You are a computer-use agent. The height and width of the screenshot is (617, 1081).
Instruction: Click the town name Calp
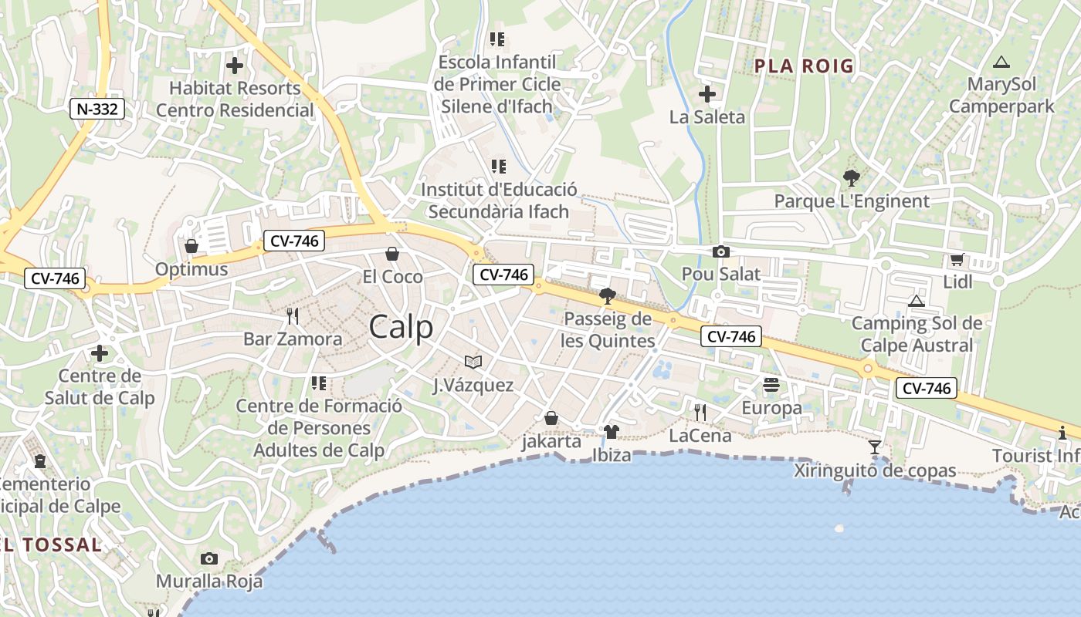(x=401, y=327)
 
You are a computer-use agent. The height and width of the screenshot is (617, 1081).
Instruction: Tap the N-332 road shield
(x=98, y=109)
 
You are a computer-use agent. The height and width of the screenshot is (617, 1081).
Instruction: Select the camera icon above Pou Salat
(x=721, y=251)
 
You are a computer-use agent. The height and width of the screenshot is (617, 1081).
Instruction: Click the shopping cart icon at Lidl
(x=957, y=260)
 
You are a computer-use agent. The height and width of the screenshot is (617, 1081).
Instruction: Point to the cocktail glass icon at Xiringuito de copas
(x=875, y=447)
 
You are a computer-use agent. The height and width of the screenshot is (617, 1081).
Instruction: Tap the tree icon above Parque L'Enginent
(x=851, y=179)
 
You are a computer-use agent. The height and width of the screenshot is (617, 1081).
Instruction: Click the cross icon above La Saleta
(x=707, y=95)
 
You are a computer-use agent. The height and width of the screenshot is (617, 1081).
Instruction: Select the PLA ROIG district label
(x=804, y=66)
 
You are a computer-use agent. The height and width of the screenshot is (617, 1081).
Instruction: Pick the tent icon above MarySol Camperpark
(x=1001, y=62)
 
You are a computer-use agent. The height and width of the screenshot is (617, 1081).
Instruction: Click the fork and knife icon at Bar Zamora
(x=293, y=316)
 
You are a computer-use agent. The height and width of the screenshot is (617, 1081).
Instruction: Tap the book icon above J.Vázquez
(x=473, y=362)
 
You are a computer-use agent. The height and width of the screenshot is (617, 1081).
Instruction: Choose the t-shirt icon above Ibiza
(x=612, y=432)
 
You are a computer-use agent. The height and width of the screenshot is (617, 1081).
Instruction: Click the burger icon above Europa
(x=771, y=385)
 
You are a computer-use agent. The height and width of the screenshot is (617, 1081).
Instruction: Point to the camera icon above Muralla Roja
(x=208, y=558)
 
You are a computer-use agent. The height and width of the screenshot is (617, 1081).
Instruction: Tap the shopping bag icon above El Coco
(x=392, y=254)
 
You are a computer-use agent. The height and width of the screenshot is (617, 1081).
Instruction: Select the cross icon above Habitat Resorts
(x=235, y=66)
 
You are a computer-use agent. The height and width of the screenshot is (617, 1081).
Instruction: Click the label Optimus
(x=191, y=269)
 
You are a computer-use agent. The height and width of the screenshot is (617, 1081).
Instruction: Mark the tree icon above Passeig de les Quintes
(x=607, y=296)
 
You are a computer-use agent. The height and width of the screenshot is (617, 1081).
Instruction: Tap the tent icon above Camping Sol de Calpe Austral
(x=917, y=301)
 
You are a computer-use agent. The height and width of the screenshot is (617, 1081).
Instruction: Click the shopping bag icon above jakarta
(x=551, y=418)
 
